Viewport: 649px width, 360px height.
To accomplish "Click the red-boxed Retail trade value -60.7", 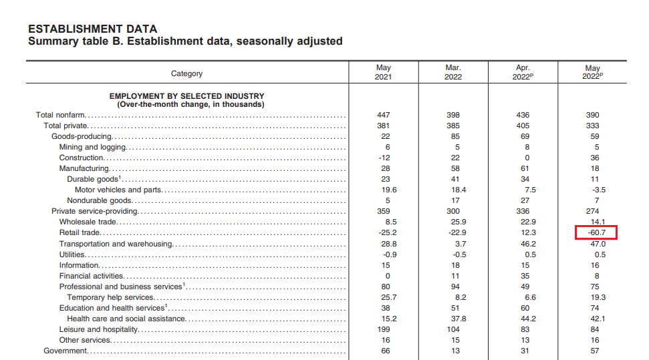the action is (596, 232).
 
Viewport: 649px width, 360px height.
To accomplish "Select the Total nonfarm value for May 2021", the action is (383, 115).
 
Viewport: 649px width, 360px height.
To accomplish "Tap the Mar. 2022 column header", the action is (453, 72).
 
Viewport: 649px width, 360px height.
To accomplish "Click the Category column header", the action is (186, 73).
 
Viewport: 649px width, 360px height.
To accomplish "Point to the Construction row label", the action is (81, 158).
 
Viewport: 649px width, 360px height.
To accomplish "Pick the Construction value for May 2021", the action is (384, 158).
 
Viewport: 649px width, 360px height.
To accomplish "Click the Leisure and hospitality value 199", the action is (383, 329).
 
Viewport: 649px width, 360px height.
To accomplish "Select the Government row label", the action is (66, 351).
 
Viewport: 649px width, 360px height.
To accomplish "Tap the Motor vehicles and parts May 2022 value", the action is (599, 190).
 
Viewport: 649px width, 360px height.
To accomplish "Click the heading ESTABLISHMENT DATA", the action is (93, 29).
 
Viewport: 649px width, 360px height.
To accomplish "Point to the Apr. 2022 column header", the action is (523, 72).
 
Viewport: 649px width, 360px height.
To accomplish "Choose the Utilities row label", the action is (72, 254).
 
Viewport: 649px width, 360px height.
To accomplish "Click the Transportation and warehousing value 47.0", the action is (598, 244).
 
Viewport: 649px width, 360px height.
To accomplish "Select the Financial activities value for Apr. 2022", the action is (525, 276).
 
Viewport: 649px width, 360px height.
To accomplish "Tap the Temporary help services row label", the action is (110, 297).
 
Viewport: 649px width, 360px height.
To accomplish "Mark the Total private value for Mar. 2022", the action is (453, 126).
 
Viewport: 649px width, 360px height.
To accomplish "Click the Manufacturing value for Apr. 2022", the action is (525, 168).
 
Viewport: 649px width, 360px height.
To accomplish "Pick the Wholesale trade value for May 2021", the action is (391, 222).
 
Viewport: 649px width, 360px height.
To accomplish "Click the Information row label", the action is (79, 265).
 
